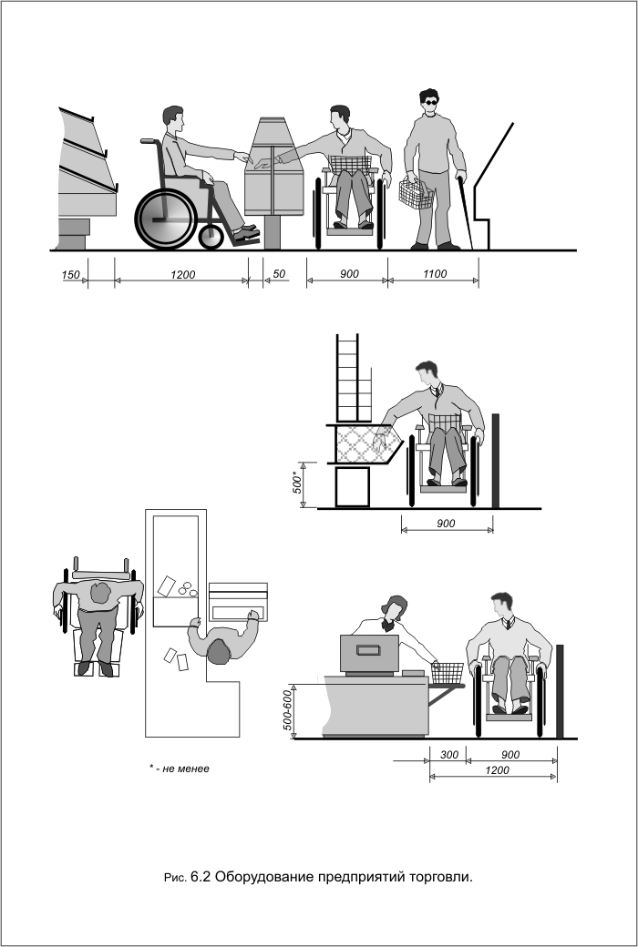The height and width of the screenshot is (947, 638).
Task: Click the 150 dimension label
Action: (x=70, y=275)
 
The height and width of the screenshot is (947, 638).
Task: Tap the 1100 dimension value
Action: (x=434, y=273)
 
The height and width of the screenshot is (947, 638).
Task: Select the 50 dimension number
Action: (x=279, y=273)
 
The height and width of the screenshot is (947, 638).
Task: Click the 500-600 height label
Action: (x=288, y=710)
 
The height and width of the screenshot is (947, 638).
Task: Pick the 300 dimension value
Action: (x=448, y=754)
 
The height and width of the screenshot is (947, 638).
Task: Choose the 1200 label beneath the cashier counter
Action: (x=497, y=770)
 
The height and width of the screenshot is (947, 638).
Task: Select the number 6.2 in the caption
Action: (x=201, y=876)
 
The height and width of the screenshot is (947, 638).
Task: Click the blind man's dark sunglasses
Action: (x=430, y=102)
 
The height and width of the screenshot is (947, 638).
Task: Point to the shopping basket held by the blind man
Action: (x=416, y=195)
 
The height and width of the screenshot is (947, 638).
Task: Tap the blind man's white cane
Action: (x=465, y=212)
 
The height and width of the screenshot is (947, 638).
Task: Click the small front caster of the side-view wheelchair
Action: (x=211, y=238)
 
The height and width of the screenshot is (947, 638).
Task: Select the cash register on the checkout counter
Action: (x=369, y=654)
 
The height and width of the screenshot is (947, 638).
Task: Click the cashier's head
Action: (x=395, y=608)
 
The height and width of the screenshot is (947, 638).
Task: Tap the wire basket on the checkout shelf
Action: (x=448, y=673)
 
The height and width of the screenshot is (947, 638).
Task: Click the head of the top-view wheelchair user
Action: (x=100, y=594)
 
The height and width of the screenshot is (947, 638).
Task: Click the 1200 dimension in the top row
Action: (x=182, y=275)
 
